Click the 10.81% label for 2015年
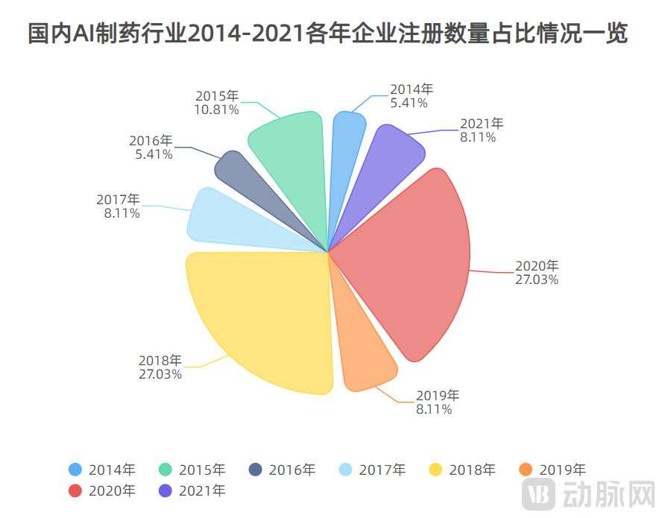pos(216,110)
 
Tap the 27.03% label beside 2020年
pos(536,279)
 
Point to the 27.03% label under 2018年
pos(160,373)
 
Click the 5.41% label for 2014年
pos(409,103)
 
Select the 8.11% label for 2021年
pos(478,137)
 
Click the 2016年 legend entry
pos(282,470)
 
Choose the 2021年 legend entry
pos(192,490)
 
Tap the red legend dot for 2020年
pos(75,490)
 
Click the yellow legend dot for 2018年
pos(435,470)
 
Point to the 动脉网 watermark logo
pos(588,493)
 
